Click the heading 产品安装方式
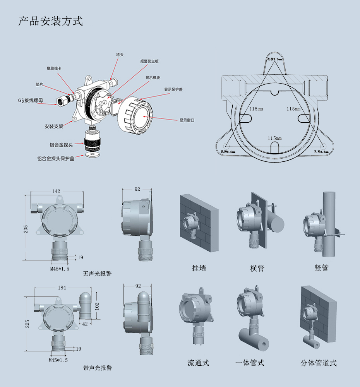(51, 21)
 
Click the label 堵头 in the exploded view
(120, 55)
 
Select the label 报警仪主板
(149, 61)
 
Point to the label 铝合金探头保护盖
(56, 158)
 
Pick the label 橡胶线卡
(54, 68)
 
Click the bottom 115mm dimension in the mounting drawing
(274, 138)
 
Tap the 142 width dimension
(56, 191)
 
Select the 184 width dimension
(62, 288)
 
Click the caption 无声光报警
(97, 274)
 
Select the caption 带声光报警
(98, 368)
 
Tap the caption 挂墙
(199, 268)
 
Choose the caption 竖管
(322, 268)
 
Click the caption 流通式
(198, 363)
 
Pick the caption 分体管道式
(319, 363)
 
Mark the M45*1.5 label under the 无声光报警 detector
(60, 269)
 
